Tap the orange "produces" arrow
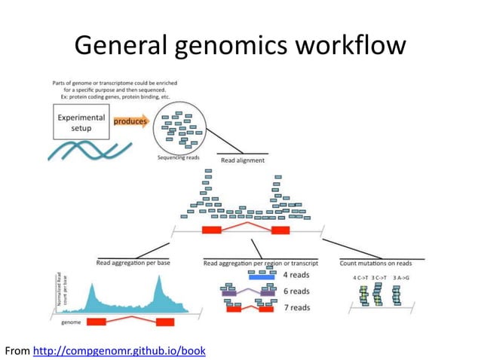click(130, 121)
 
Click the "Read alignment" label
click(242, 160)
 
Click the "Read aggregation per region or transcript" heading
click(260, 263)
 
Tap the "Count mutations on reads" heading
click(375, 263)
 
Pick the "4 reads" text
click(296, 276)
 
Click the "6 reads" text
click(296, 291)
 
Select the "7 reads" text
click(296, 307)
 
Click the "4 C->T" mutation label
click(364, 278)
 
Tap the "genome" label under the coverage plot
click(70, 321)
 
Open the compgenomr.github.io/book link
click(119, 351)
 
